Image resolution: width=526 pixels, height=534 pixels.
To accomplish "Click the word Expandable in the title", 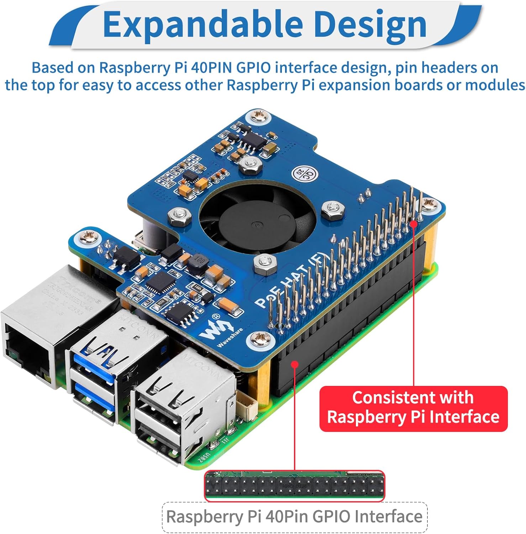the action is coord(203,24).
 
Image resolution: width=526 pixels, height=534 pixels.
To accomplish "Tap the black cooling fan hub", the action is coord(257,224).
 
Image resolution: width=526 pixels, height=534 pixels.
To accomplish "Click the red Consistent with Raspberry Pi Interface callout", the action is coord(413,408).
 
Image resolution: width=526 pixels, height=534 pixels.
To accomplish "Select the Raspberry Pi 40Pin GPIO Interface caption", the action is coord(294,517).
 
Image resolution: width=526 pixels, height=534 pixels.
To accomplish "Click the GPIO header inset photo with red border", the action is coord(294,486).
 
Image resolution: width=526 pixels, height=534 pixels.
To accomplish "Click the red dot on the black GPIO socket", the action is coord(295,364).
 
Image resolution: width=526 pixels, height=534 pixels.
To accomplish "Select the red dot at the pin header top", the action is coord(414,223).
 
